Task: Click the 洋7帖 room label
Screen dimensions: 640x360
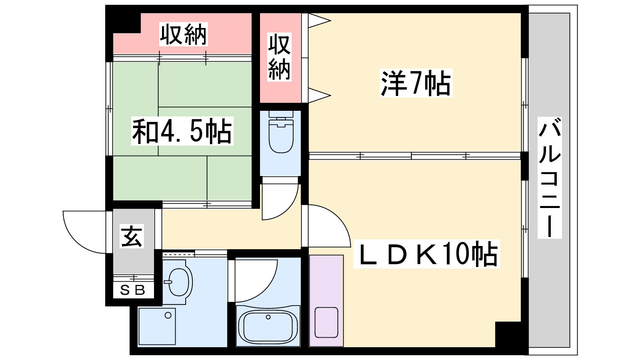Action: (416, 83)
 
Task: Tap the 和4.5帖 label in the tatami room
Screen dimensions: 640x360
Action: (182, 131)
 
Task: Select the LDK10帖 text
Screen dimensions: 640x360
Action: (426, 254)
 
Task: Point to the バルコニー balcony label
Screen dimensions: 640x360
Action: (550, 178)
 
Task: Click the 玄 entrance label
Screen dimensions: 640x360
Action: (132, 236)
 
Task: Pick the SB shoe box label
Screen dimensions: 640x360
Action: (133, 290)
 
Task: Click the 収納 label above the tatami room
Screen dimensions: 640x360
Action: (183, 34)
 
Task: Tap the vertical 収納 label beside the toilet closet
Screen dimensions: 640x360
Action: (279, 57)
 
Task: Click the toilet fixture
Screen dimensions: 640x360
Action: (281, 132)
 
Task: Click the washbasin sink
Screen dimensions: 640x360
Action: (179, 282)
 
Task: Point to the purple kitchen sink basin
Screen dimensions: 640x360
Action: (326, 322)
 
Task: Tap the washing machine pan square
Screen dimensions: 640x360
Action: (157, 326)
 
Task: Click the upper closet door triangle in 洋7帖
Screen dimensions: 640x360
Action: (320, 20)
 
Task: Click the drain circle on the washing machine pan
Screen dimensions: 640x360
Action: (168, 316)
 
